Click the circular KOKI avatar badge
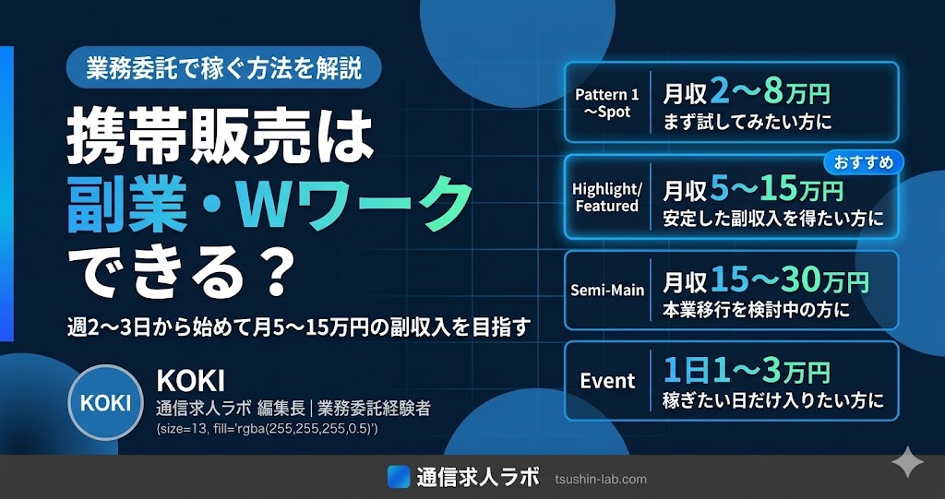point(105,402)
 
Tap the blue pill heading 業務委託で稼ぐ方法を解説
point(223,67)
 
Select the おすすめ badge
point(864,162)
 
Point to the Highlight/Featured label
point(607,197)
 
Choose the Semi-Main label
point(607,291)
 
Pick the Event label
point(607,381)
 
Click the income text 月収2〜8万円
point(746,93)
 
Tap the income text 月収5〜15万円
point(753,189)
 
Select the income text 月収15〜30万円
point(765,280)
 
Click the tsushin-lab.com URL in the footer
point(600,480)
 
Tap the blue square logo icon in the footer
point(399,477)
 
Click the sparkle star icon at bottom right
point(908,462)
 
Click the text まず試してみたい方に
point(747,124)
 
